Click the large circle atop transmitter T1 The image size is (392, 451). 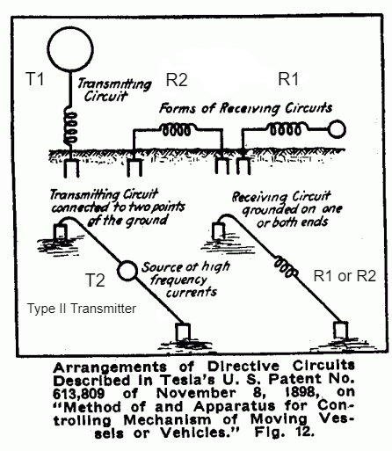click(x=70, y=27)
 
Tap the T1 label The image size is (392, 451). click(x=35, y=79)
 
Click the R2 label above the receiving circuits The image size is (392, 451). click(x=177, y=80)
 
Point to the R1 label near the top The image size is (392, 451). click(x=288, y=79)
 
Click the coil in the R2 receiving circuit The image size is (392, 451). click(x=178, y=129)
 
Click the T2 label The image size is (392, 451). click(x=95, y=280)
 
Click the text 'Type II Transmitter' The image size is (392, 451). click(x=82, y=309)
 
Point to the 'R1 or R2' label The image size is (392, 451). click(x=345, y=276)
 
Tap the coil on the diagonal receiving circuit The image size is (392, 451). click(x=286, y=266)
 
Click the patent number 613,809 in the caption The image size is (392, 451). click(x=78, y=393)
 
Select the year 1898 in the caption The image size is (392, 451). click(x=302, y=392)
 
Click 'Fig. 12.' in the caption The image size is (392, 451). click(x=284, y=432)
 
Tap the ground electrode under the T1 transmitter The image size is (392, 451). click(x=71, y=168)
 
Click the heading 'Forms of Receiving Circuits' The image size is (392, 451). click(x=246, y=108)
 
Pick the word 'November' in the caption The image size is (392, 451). click(x=195, y=393)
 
